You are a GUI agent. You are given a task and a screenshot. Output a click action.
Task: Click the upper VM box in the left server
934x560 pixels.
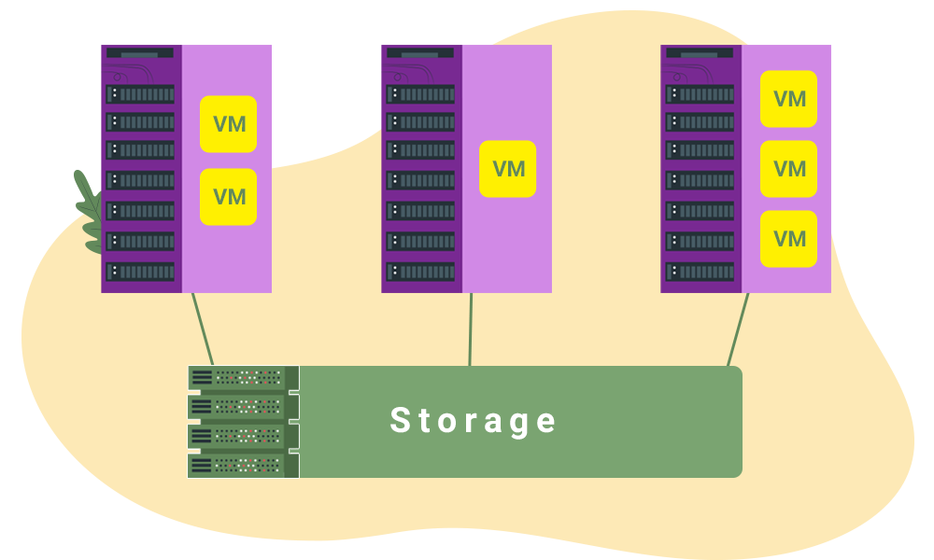coord(228,124)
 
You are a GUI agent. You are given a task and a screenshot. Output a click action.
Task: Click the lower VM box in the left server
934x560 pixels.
coord(228,197)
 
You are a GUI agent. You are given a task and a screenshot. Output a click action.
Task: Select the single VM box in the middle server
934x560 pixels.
coord(508,169)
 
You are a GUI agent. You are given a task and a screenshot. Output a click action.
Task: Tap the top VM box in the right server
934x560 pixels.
coord(788,99)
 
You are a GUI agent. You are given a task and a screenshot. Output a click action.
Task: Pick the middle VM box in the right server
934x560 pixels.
coord(788,169)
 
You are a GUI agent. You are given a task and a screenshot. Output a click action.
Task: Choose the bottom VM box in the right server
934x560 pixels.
coord(788,239)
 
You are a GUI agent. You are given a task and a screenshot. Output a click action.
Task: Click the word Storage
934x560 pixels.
coord(474,421)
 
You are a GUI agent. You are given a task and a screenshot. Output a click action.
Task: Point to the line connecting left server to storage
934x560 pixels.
coord(203,329)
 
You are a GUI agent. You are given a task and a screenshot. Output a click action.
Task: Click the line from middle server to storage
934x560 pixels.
coord(470,329)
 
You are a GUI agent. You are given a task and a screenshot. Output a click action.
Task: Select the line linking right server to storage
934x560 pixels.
coord(738,329)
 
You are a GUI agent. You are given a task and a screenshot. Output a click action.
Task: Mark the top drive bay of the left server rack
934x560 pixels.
coord(140,94)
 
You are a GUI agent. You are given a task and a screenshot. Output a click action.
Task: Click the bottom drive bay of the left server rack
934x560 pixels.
coord(140,272)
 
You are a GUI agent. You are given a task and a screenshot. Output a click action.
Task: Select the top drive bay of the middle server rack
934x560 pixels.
coord(420,94)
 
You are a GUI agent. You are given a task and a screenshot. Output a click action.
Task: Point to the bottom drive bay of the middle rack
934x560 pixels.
coord(420,272)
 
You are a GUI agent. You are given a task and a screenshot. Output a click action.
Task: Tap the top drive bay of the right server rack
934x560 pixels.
coord(700,94)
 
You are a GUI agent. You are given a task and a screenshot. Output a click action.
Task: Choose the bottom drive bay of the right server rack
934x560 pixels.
coord(700,272)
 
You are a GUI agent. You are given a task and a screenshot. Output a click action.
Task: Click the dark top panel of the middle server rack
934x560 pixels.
coord(419,54)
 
